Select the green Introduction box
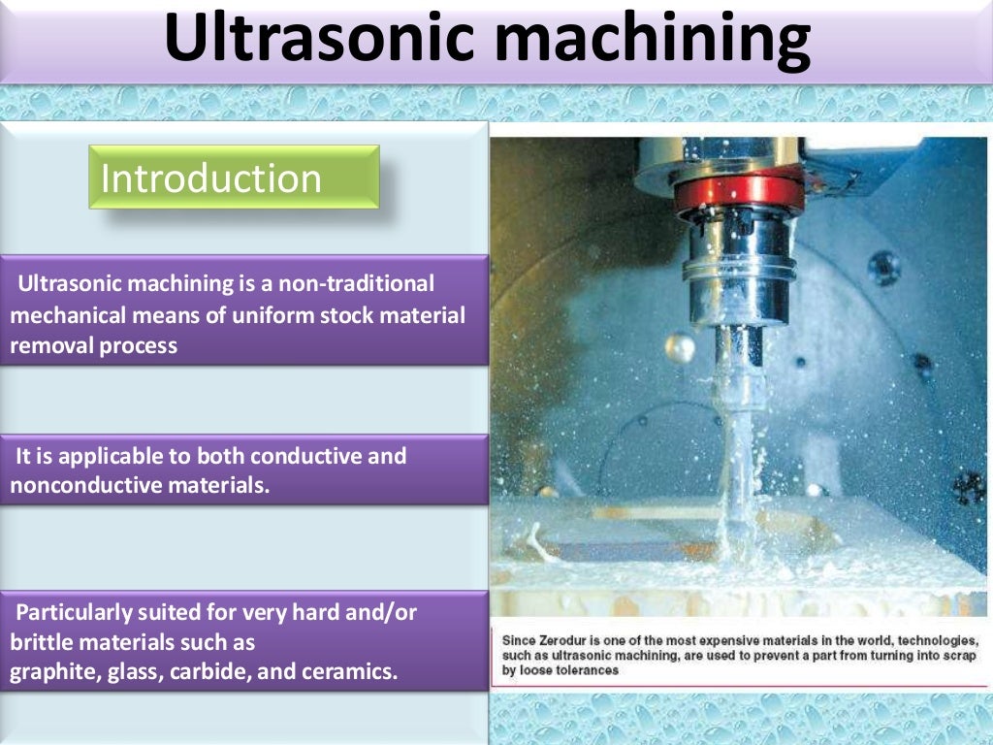pos(234,178)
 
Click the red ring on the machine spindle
pos(739,192)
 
